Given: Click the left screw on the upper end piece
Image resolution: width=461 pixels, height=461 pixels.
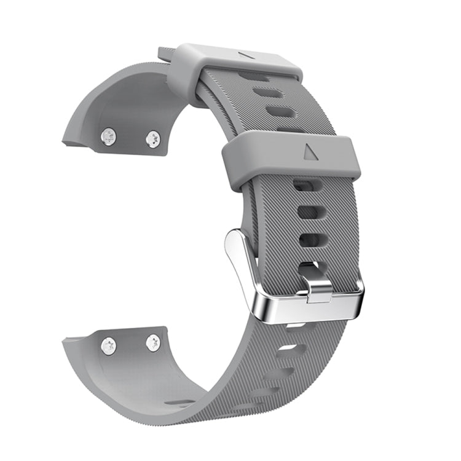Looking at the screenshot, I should pyautogui.click(x=109, y=136).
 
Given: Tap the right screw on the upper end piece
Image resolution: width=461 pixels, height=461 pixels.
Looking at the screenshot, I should pyautogui.click(x=153, y=139).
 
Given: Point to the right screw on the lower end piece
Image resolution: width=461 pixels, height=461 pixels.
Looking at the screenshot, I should pyautogui.click(x=153, y=343).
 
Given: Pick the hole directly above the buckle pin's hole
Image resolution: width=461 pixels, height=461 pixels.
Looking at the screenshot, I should pyautogui.click(x=309, y=240).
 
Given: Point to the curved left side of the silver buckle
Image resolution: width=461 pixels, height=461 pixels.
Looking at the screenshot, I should pyautogui.click(x=243, y=270).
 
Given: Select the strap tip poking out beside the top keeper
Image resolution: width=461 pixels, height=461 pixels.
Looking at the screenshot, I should pyautogui.click(x=165, y=55).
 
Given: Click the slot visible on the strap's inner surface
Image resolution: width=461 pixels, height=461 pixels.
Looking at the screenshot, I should pyautogui.click(x=180, y=403).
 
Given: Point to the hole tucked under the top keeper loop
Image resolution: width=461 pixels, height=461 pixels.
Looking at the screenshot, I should pyautogui.click(x=253, y=77).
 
